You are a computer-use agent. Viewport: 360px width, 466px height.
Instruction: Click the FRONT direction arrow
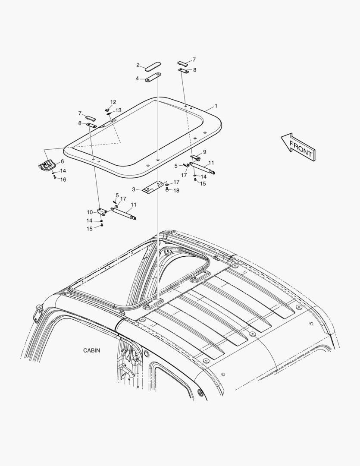298,147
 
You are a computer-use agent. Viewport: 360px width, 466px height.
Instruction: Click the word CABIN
91,351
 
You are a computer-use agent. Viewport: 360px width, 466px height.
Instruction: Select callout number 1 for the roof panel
216,106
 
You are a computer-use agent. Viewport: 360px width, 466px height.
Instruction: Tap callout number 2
138,65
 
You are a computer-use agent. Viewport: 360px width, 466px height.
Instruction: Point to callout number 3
134,189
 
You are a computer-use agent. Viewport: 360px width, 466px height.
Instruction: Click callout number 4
137,79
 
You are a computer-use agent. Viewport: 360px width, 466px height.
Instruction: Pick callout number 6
62,161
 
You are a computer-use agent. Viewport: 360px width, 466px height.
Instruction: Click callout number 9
205,152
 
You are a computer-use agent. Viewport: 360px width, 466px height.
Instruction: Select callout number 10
90,212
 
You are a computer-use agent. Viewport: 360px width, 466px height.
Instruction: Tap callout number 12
113,102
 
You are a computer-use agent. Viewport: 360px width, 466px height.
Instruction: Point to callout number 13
119,110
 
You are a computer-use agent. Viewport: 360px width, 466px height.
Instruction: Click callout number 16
63,179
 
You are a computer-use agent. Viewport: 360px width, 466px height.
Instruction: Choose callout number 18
176,191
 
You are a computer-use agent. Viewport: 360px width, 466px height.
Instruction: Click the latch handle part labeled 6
47,165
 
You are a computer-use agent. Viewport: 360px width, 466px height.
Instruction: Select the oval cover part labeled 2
153,66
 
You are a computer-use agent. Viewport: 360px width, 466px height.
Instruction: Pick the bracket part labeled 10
103,212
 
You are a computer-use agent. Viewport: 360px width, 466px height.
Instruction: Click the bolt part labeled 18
167,189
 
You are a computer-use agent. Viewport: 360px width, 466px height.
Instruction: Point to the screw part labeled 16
55,177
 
